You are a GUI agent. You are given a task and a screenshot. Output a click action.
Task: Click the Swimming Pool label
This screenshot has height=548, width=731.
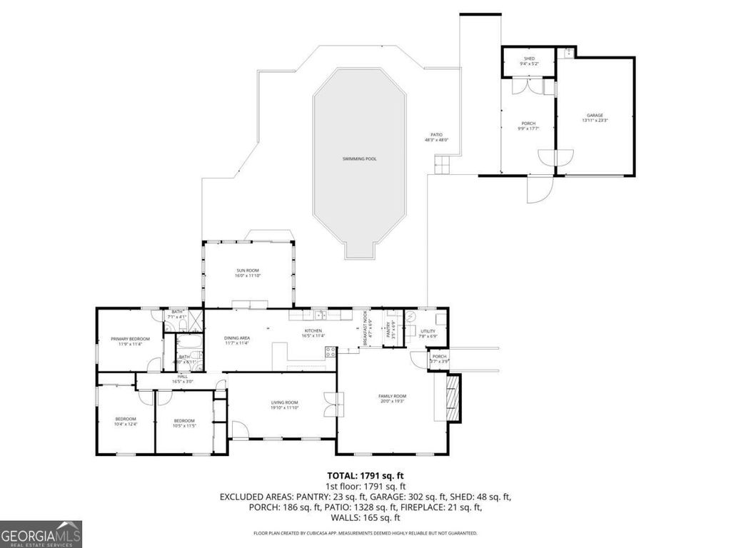359,158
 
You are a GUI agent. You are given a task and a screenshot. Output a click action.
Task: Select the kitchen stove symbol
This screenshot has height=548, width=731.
331,351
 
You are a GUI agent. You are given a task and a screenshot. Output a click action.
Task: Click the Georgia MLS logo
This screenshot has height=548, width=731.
41,534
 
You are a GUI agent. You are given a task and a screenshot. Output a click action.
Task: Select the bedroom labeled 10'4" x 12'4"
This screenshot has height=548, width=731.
126,422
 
